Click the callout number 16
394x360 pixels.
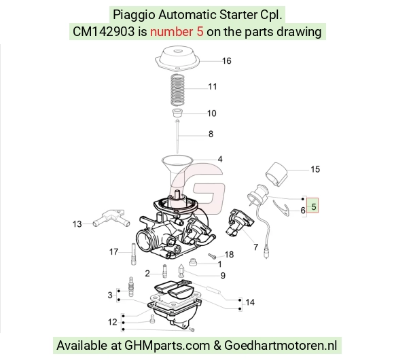[226, 61]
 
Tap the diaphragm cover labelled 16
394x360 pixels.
[177, 58]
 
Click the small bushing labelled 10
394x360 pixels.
[177, 113]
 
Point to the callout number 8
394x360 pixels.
[211, 134]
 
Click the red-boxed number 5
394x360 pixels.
[313, 206]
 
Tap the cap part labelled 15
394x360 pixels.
[276, 175]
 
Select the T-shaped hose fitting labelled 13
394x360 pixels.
[111, 218]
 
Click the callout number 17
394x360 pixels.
[113, 251]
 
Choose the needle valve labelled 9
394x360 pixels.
[181, 270]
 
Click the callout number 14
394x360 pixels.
[250, 302]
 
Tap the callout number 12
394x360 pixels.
[112, 322]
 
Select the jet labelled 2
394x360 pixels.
[165, 271]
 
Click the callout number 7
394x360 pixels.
[255, 247]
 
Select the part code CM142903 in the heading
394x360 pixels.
[103, 32]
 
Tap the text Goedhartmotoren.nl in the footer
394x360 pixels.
[281, 346]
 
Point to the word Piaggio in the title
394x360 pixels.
[134, 15]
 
